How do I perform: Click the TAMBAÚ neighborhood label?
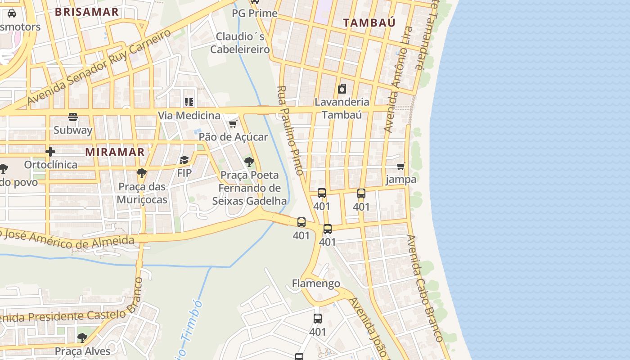(369, 22)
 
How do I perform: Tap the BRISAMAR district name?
(87, 12)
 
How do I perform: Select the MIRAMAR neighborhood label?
(115, 152)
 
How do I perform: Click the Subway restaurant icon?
(73, 117)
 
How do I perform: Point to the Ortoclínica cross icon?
(50, 152)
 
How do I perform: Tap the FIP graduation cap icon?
(184, 160)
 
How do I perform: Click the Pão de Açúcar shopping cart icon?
(233, 124)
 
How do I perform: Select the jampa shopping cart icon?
(401, 166)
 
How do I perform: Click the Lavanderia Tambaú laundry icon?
(342, 89)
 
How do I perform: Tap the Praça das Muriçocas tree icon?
(142, 173)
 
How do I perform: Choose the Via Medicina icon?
(189, 103)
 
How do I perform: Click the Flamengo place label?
(316, 283)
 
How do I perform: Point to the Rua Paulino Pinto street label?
(291, 130)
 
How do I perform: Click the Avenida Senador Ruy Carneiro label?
(99, 67)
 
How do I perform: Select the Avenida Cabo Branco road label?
(426, 288)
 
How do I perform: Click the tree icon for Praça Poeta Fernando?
(249, 162)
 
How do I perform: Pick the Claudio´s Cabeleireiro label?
(240, 43)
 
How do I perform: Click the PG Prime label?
(255, 13)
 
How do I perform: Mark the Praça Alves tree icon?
(82, 337)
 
